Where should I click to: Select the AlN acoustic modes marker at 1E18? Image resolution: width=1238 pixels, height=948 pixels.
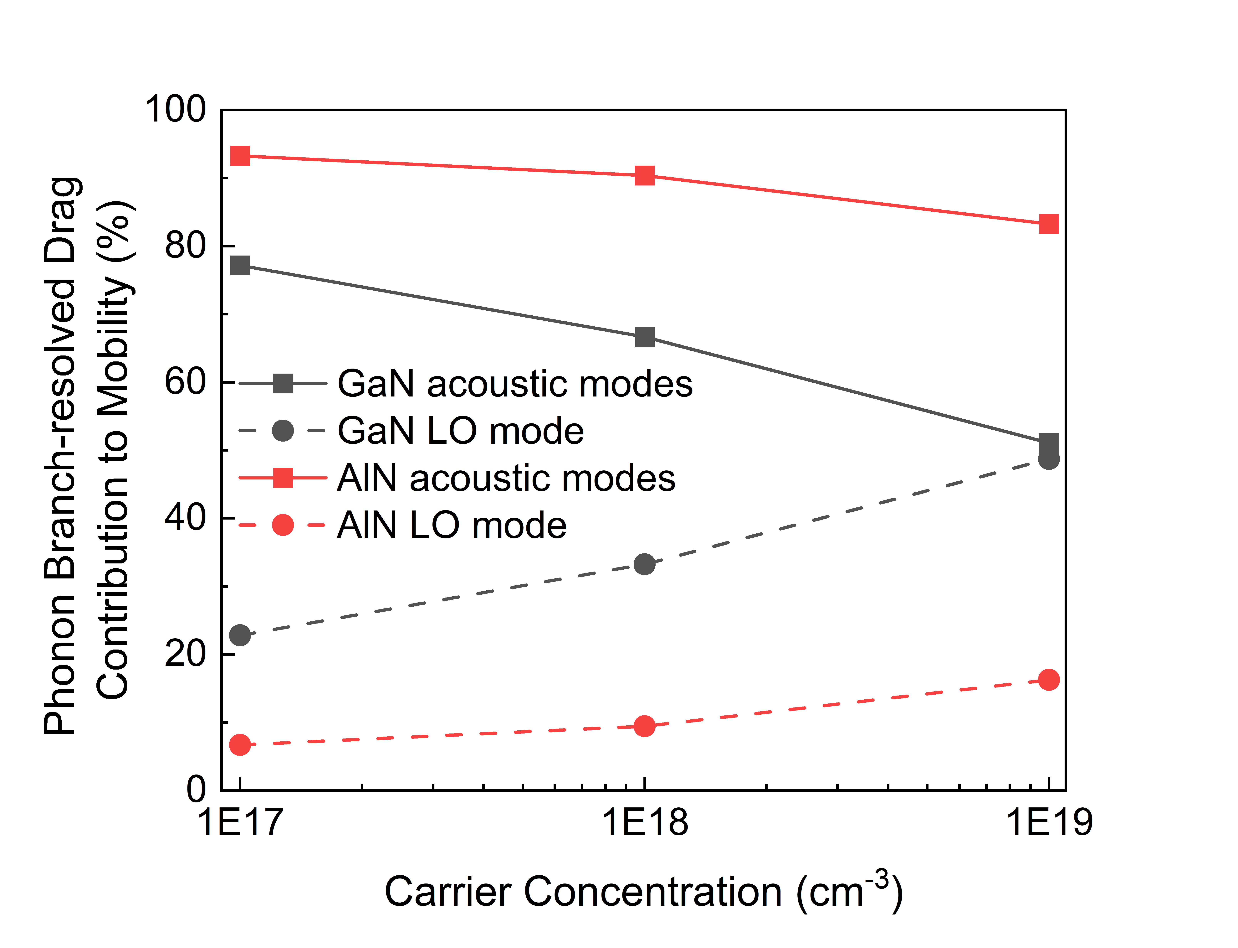[x=644, y=175]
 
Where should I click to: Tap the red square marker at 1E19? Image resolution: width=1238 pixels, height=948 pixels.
[x=1048, y=224]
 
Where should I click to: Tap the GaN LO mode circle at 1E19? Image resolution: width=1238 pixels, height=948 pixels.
[x=1048, y=459]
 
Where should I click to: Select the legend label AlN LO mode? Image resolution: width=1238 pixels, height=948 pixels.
[x=451, y=525]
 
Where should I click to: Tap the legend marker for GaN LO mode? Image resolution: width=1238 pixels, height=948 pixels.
[x=283, y=431]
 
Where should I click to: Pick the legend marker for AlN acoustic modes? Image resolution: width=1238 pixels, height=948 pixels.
[x=283, y=478]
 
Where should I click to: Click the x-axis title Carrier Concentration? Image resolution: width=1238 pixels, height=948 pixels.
[x=643, y=892]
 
